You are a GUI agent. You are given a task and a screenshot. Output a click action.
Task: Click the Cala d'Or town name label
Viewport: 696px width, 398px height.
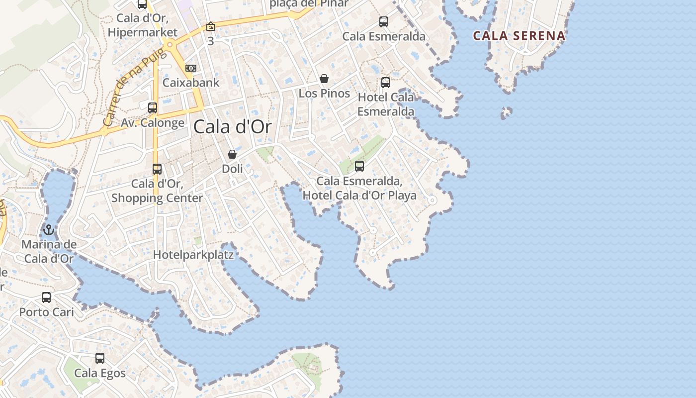point(233,127)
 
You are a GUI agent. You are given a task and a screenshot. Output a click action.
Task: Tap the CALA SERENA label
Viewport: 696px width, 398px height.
point(519,36)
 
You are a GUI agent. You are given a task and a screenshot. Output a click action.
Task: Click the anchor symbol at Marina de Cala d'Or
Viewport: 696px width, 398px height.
point(48,230)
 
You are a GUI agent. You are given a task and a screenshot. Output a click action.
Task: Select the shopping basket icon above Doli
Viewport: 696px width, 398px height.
point(232,154)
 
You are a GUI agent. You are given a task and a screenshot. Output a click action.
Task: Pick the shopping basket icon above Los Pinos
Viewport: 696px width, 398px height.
point(324,79)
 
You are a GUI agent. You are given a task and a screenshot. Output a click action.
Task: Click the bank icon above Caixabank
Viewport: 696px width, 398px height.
point(191,68)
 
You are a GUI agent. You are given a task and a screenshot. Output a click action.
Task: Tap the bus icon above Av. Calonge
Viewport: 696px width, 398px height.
point(153,107)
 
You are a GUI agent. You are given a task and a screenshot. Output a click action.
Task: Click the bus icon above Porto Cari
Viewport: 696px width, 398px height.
point(46,298)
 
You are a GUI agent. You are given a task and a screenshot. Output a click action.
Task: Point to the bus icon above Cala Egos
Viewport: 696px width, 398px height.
point(100,358)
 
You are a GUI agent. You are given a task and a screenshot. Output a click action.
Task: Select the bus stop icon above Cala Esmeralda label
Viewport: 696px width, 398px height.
point(384,22)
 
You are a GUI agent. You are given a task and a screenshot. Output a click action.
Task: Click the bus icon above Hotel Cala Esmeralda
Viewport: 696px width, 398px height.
point(386,83)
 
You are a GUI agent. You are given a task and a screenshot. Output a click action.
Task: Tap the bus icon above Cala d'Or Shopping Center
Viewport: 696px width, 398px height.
point(157,169)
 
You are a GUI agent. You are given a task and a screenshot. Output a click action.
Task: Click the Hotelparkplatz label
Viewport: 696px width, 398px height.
point(193,255)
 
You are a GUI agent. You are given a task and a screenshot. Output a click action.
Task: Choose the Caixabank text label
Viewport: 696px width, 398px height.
point(191,83)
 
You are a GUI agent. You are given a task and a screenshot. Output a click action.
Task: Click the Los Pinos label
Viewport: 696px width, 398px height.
point(324,94)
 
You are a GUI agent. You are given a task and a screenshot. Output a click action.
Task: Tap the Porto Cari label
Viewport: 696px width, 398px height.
point(46,312)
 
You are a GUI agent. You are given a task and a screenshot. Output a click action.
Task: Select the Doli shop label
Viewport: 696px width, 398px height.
point(232,169)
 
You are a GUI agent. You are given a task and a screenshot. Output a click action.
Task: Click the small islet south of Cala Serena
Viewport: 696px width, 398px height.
point(507,112)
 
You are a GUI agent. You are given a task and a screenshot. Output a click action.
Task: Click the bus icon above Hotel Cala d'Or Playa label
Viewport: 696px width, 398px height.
point(359,166)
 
